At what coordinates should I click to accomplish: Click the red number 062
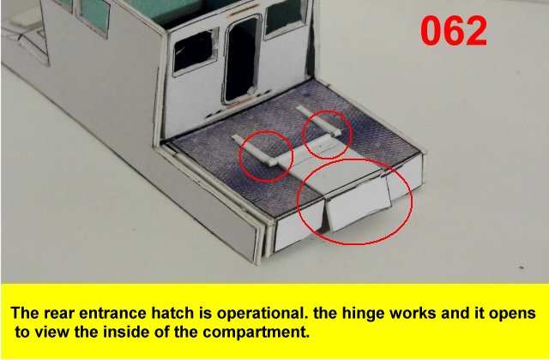(x=454, y=32)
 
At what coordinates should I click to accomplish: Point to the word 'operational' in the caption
(x=260, y=314)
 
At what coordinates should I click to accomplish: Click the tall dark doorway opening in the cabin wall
(x=243, y=59)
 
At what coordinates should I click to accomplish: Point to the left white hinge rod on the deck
(x=255, y=150)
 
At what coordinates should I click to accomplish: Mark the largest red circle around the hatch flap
(x=354, y=243)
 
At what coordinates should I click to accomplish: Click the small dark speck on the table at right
(x=522, y=268)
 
